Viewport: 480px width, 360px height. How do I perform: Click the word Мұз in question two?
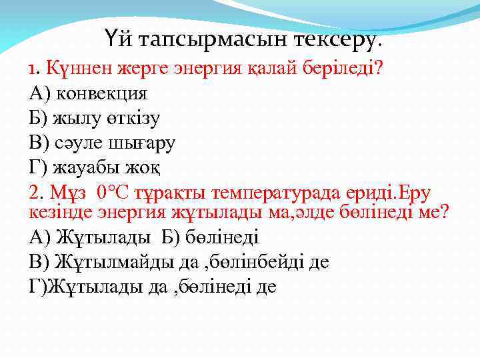click(69, 193)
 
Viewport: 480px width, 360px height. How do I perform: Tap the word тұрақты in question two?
click(169, 193)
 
